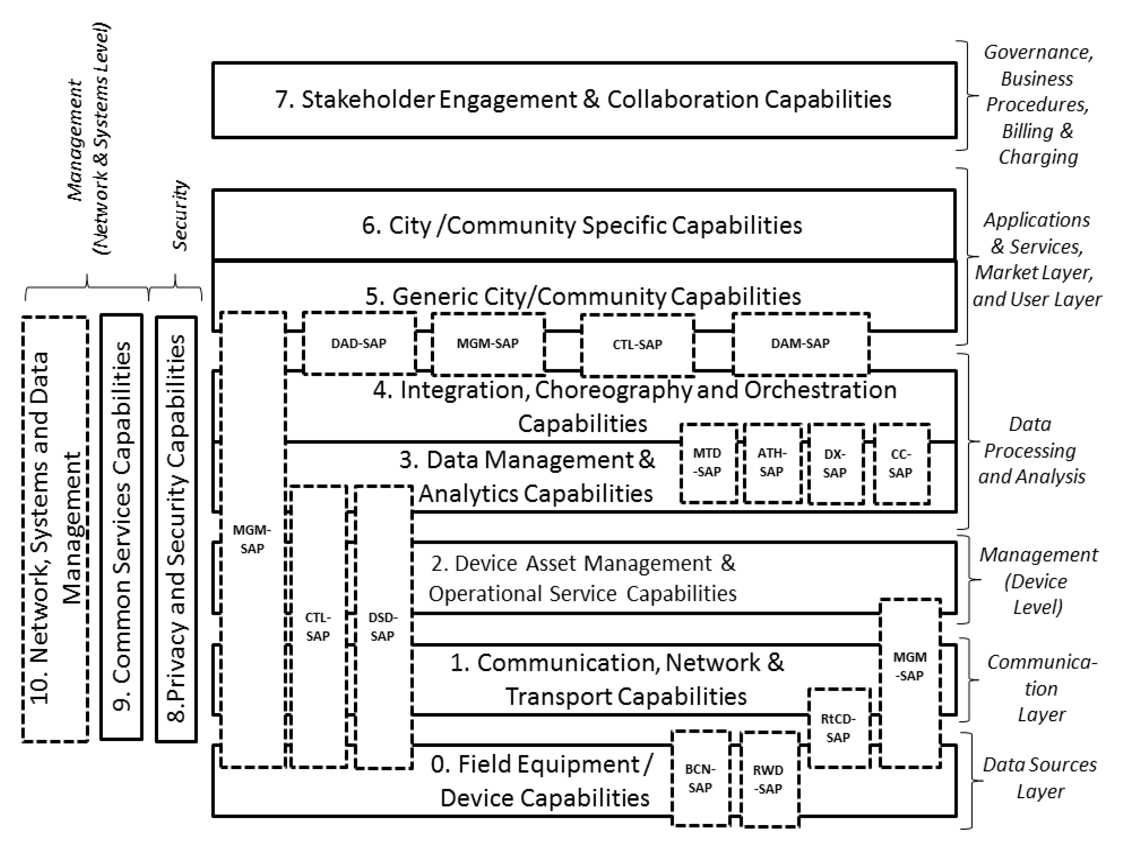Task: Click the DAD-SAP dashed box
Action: coord(359,344)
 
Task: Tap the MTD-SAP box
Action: coord(708,462)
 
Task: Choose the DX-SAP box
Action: coord(835,463)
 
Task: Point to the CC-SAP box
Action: coord(901,463)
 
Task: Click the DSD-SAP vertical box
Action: coord(382,627)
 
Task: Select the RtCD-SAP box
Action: coord(838,728)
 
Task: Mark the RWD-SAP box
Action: coord(768,779)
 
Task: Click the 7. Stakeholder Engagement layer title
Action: coord(583,99)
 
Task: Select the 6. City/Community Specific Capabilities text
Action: coord(582,225)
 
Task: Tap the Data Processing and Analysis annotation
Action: coord(1031,450)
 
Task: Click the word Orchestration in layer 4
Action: coord(820,390)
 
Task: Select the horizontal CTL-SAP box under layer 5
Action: coord(637,345)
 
